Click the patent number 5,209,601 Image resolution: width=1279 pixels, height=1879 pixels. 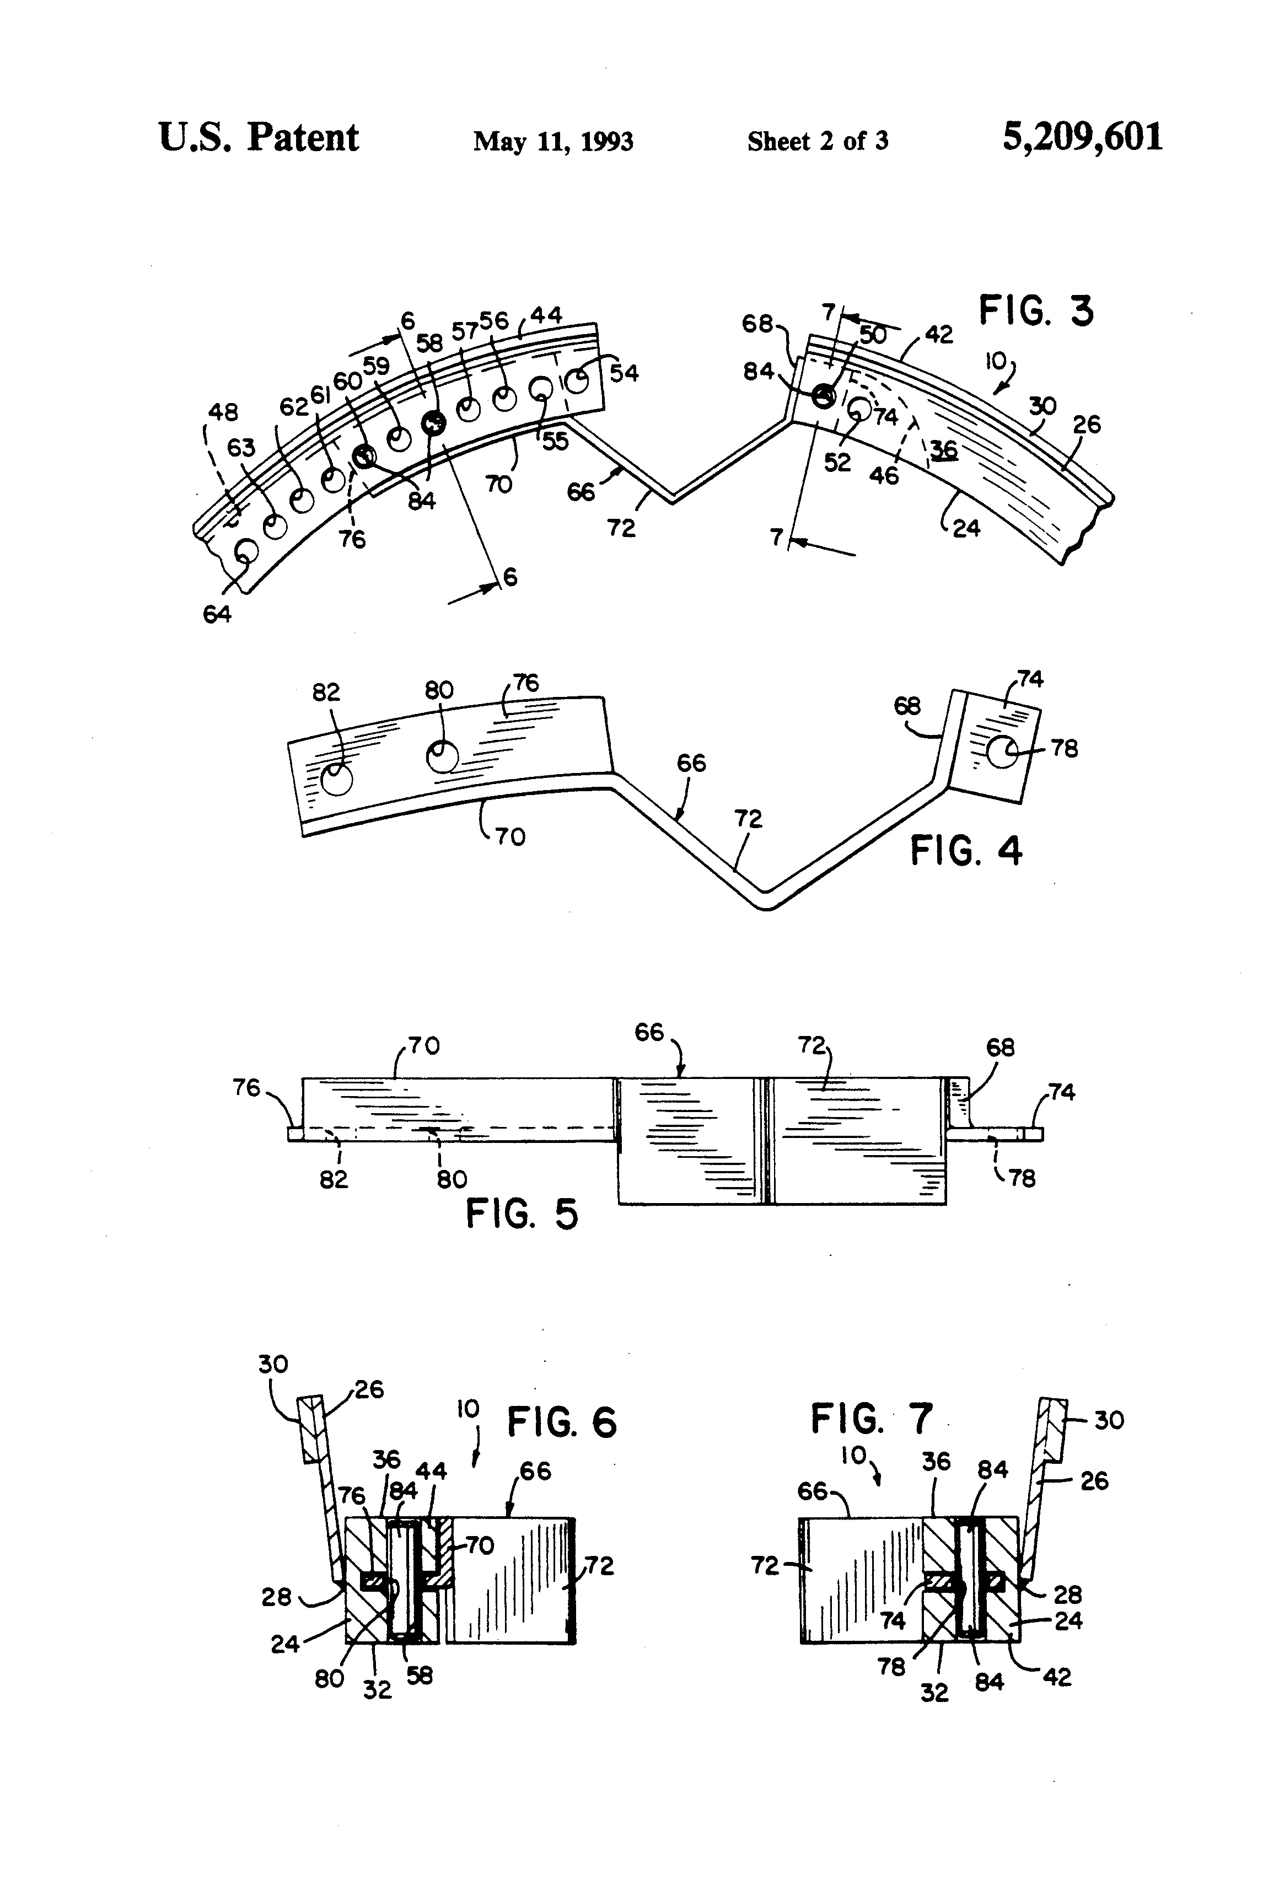click(x=1082, y=137)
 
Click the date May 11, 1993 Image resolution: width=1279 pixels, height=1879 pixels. click(x=553, y=142)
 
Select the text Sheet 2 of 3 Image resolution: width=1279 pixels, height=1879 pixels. click(x=818, y=142)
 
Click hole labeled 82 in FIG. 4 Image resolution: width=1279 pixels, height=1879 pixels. click(x=336, y=780)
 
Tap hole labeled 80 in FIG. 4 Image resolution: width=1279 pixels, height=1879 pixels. click(x=442, y=757)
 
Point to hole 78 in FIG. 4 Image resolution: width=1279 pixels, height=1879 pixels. click(x=1002, y=753)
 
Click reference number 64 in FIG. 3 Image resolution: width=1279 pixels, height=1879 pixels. click(x=217, y=614)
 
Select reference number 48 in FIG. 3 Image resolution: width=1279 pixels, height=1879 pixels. click(x=223, y=412)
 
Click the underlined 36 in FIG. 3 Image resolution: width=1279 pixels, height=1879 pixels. click(x=943, y=449)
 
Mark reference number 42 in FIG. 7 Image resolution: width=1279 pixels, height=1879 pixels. click(x=1057, y=1678)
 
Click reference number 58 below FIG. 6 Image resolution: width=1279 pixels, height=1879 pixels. click(x=420, y=1676)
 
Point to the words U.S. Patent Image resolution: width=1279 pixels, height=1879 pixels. click(x=259, y=137)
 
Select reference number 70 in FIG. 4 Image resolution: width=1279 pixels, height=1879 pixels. click(x=510, y=835)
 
